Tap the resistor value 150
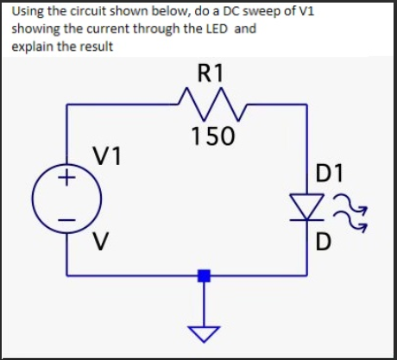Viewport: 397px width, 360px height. tap(211, 136)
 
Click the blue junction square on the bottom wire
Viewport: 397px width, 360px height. tap(205, 275)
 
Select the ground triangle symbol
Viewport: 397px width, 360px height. tap(205, 333)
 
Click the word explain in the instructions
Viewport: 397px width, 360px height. tap(33, 45)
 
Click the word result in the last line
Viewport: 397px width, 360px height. tap(96, 45)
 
